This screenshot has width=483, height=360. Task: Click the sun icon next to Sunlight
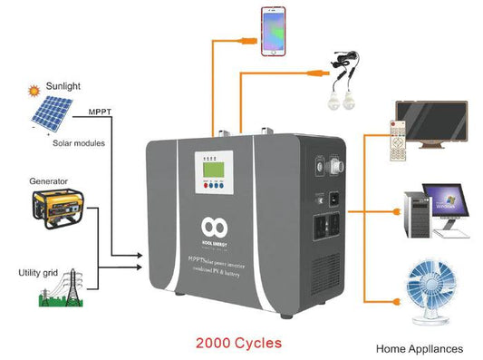point(33,91)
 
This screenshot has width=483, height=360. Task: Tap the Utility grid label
point(38,272)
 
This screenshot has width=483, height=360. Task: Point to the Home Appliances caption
point(418,348)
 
